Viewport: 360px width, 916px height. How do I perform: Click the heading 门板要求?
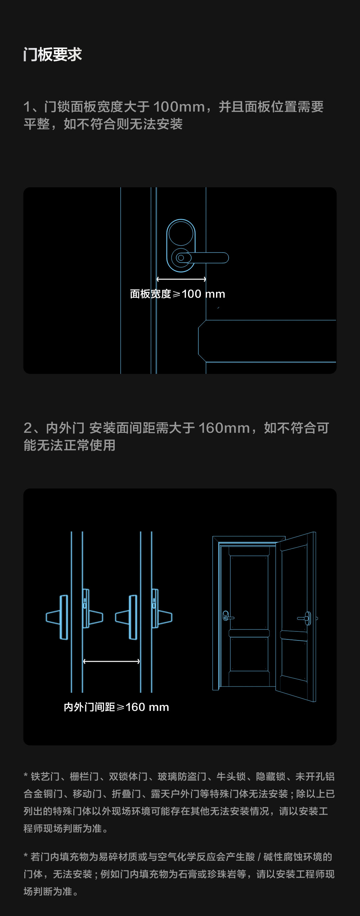(x=53, y=54)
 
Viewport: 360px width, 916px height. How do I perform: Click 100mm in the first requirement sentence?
(x=179, y=107)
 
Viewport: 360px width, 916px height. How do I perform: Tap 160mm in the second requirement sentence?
(x=224, y=428)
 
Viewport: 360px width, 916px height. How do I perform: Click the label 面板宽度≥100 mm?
(x=178, y=294)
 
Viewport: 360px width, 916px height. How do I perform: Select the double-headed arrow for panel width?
(x=181, y=279)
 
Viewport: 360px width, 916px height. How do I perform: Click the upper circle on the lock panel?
(x=181, y=234)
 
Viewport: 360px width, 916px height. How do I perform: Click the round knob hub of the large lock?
(x=181, y=258)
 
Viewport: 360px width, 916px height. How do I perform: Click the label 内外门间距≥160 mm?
(x=116, y=707)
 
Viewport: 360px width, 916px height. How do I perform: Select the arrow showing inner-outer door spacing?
(x=111, y=661)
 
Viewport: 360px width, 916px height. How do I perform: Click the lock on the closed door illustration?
(x=227, y=616)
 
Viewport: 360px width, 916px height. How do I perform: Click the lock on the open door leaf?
(x=306, y=618)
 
